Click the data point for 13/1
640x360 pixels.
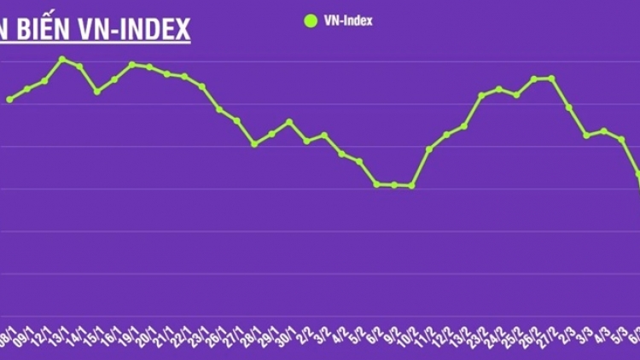[x=62, y=59]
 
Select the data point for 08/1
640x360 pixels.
[x=9, y=100]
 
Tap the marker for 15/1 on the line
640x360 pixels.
[x=97, y=91]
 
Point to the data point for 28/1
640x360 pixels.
[x=254, y=144]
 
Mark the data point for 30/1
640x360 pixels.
[x=290, y=122]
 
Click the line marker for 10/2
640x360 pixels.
[x=412, y=185]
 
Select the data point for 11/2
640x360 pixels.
[x=429, y=149]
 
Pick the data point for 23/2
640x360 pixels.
[x=482, y=96]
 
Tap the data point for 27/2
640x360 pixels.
[x=552, y=78]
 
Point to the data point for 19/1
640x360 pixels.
[x=132, y=64]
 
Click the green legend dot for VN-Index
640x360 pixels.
[x=309, y=20]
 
